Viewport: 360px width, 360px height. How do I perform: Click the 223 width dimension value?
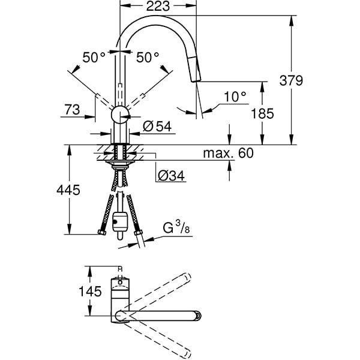159,7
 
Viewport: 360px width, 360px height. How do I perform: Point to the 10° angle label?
236,96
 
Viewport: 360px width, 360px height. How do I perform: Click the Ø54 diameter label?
158,126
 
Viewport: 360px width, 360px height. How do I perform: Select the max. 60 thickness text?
228,153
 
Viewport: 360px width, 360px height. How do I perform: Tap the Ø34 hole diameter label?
169,175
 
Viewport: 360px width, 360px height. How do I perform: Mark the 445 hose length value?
68,190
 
